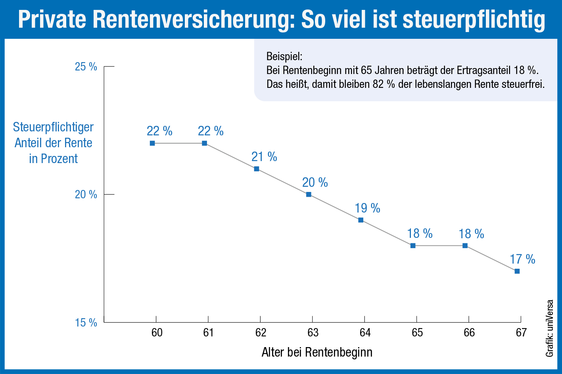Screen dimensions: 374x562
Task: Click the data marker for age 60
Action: (x=152, y=143)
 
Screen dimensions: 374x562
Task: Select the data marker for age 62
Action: (x=257, y=169)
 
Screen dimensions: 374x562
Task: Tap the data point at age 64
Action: (x=361, y=220)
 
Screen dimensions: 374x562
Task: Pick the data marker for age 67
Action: (x=517, y=271)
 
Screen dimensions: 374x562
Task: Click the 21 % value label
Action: (x=264, y=157)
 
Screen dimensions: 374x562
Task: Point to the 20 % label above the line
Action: (x=315, y=182)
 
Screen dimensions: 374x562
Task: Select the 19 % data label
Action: (x=367, y=208)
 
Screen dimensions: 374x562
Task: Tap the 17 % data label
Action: (x=522, y=259)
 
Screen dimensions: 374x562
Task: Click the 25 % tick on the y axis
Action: (x=86, y=66)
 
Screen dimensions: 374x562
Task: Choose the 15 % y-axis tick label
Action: (x=86, y=323)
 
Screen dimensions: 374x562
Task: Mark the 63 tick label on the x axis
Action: (x=313, y=332)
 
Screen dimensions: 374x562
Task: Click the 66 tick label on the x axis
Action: (x=469, y=332)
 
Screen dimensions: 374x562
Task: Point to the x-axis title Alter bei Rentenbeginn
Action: (x=317, y=352)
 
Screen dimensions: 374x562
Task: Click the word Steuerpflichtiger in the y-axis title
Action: (x=53, y=127)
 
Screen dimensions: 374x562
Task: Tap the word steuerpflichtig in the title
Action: (x=474, y=20)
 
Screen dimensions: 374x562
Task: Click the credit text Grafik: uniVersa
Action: (x=550, y=328)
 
